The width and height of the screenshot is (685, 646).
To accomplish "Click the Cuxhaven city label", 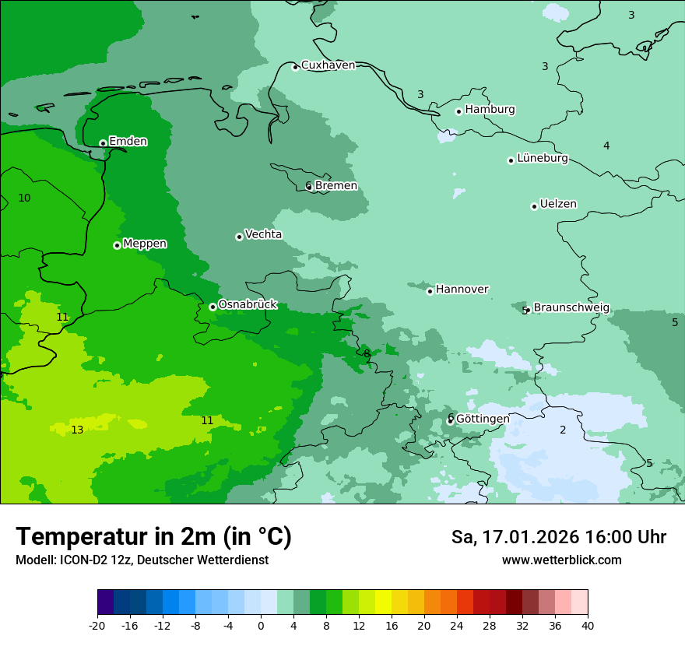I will tap(328, 65).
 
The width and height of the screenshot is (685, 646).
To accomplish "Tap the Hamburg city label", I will tap(490, 110).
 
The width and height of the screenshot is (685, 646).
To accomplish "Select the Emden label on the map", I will tap(128, 142).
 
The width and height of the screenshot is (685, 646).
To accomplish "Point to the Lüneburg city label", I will tap(543, 159).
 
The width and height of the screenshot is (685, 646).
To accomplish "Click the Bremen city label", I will tap(335, 186).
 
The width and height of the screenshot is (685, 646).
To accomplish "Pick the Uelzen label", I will tap(558, 205).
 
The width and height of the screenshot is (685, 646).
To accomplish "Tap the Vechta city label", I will tap(263, 234).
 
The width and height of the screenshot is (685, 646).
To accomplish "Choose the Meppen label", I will tap(145, 244).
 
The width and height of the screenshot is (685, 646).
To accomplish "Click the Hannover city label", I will tap(462, 290).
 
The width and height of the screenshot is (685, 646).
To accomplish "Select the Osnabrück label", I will tap(248, 305).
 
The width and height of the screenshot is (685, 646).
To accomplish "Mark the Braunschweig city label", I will tap(571, 308).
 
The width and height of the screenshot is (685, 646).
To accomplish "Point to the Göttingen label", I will tap(483, 419).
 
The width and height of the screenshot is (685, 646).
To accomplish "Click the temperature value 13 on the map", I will tap(77, 430).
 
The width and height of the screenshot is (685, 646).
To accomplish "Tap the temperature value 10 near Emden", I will tap(24, 198).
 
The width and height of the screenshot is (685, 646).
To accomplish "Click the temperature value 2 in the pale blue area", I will tap(563, 430).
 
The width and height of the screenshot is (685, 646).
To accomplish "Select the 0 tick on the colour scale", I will tap(261, 625).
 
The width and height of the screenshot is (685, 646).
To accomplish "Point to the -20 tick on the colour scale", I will tap(97, 625).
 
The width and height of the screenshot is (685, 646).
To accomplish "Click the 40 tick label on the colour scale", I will tap(588, 625).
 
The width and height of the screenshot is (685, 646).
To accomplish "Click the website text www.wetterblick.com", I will tap(561, 560).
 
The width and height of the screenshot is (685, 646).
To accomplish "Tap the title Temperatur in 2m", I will tap(153, 537).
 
